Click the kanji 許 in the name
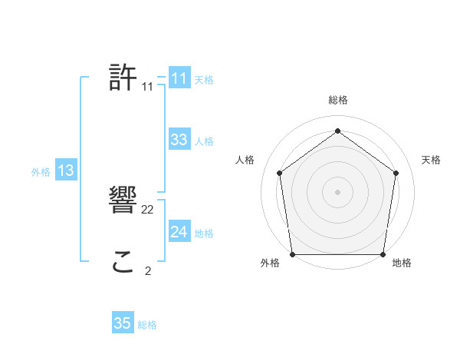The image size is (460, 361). click(123, 78)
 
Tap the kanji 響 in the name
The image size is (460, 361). click(123, 201)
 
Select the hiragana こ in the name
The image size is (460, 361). click(123, 263)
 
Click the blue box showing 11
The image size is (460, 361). click(179, 78)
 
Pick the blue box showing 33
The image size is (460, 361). click(179, 140)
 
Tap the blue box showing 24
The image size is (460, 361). click(179, 232)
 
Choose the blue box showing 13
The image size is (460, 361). click(65, 171)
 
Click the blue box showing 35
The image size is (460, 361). click(123, 323)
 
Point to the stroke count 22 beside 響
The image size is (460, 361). click(148, 210)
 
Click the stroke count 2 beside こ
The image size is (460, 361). click(148, 270)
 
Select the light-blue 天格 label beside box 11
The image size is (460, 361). click(204, 80)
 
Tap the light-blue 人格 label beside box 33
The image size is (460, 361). click(204, 141)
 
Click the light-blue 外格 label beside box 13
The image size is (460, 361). click(41, 173)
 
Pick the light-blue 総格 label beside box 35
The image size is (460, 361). click(147, 325)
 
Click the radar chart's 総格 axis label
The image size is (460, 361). click(337, 100)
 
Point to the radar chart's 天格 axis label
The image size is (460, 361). click(432, 160)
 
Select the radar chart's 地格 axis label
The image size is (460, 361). click(402, 263)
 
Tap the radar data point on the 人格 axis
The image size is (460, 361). click(279, 173)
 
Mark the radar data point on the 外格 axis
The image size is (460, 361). click(292, 254)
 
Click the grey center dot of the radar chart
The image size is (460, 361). click(337, 191)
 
